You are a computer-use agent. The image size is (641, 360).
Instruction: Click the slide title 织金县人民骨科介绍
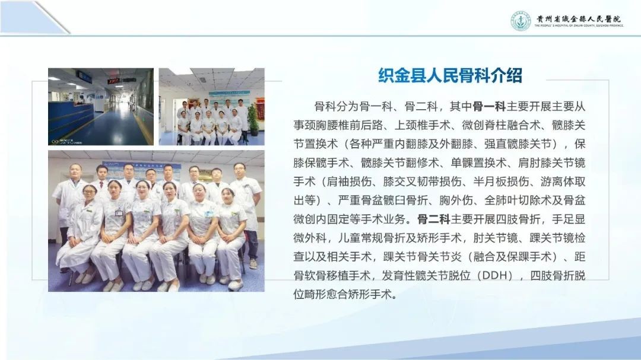click(450, 75)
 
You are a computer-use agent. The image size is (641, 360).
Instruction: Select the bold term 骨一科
click(489, 107)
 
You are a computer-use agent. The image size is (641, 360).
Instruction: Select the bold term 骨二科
click(433, 219)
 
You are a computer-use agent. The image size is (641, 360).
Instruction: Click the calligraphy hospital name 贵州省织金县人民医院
click(579, 18)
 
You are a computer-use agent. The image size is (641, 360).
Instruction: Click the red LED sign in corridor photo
click(113, 81)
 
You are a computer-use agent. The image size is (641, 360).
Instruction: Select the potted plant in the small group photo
click(253, 119)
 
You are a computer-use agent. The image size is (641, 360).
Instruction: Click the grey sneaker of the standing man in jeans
click(253, 264)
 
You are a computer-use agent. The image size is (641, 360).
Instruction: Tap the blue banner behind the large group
click(141, 170)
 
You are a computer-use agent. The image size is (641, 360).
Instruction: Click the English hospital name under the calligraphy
click(579, 26)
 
